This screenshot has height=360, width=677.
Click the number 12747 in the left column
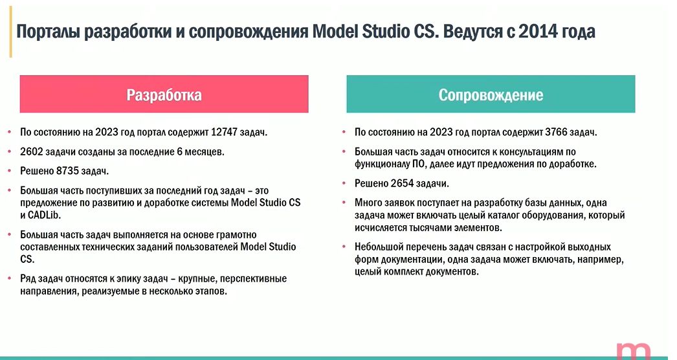click(x=224, y=132)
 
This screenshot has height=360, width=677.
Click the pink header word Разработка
click(x=164, y=95)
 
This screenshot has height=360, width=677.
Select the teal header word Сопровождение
click(x=491, y=95)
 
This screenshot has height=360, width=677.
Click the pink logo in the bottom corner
click(x=634, y=351)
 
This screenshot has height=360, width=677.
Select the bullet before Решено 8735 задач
click(x=9, y=171)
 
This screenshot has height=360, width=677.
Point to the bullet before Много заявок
click(x=344, y=202)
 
